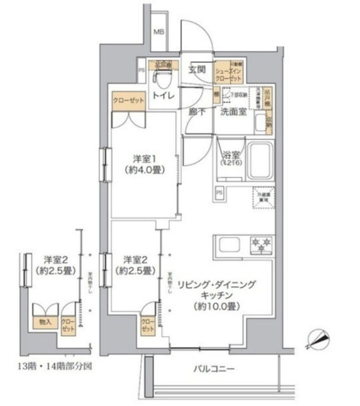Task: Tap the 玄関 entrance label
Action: [197, 70]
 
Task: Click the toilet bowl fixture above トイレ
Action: [164, 78]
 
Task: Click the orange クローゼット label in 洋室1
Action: [129, 100]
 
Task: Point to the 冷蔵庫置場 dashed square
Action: [263, 197]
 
